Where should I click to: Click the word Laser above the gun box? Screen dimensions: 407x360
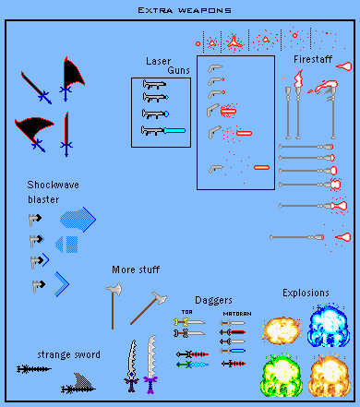(x=159, y=61)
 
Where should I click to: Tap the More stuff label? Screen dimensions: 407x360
(x=137, y=270)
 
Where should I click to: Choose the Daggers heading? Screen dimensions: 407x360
(x=213, y=300)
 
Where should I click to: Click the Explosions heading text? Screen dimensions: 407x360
(x=306, y=293)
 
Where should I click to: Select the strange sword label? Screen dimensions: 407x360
(x=69, y=354)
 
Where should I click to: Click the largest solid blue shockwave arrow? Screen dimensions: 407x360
(x=78, y=219)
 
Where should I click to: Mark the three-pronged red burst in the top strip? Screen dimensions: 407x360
(x=235, y=42)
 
